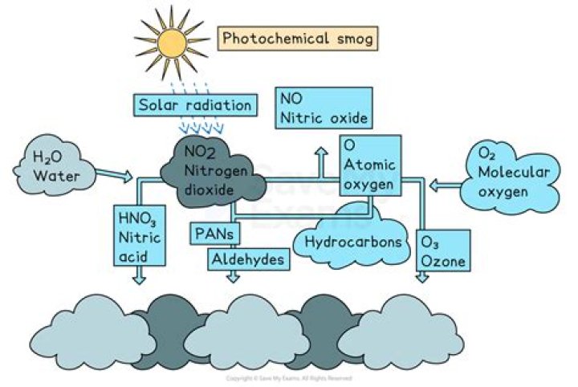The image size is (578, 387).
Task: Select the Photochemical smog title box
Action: click(x=298, y=38)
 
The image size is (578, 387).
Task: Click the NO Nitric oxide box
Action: click(x=324, y=108)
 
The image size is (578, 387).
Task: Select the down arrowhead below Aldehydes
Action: click(x=233, y=277)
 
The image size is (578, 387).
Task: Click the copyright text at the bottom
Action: click(x=289, y=377)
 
